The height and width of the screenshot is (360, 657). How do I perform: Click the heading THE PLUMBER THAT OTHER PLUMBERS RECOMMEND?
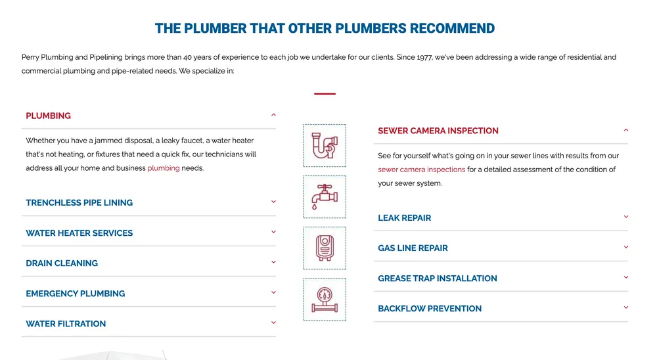pyautogui.click(x=325, y=29)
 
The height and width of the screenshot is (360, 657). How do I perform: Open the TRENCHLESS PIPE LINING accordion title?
pyautogui.click(x=79, y=203)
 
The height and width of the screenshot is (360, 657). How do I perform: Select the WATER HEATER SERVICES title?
pyautogui.click(x=79, y=233)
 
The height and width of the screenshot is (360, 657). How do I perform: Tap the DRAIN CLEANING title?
pyautogui.click(x=62, y=263)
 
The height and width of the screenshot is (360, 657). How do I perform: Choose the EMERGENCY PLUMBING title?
pyautogui.click(x=76, y=294)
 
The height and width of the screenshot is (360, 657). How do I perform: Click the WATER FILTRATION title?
pyautogui.click(x=66, y=324)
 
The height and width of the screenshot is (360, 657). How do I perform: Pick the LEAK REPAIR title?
pyautogui.click(x=405, y=218)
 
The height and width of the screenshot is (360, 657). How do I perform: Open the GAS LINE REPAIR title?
pyautogui.click(x=413, y=248)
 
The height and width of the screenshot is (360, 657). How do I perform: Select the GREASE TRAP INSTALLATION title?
pyautogui.click(x=438, y=279)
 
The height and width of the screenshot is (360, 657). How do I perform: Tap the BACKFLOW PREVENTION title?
pyautogui.click(x=430, y=309)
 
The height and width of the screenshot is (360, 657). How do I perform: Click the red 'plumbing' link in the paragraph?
pyautogui.click(x=164, y=168)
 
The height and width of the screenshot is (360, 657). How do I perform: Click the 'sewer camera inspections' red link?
pyautogui.click(x=422, y=169)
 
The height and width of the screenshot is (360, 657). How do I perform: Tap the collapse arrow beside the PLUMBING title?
pyautogui.click(x=273, y=115)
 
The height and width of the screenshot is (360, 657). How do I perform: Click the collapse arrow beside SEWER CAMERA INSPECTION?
pyautogui.click(x=626, y=130)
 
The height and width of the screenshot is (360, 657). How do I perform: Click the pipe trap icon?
pyautogui.click(x=325, y=146)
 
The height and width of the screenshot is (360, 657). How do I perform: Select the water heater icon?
pyautogui.click(x=325, y=248)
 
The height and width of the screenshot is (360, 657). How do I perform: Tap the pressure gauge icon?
pyautogui.click(x=325, y=300)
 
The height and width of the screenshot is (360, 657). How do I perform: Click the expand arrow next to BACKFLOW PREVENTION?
pyautogui.click(x=626, y=307)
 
